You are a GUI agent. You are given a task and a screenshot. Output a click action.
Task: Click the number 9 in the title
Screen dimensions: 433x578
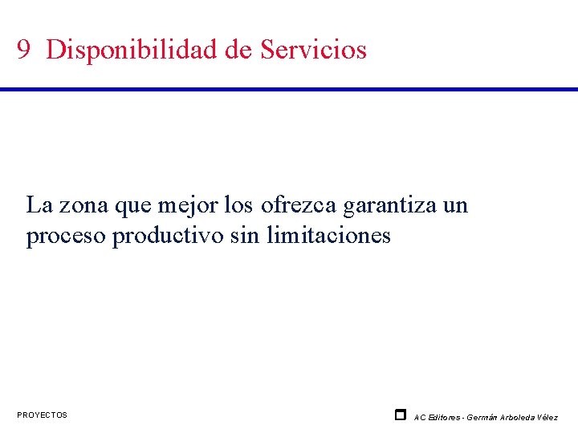click(24, 51)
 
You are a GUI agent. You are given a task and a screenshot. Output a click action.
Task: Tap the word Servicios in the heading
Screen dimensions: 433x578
click(313, 50)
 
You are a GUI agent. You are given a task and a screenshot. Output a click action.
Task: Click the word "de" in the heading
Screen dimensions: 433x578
click(238, 50)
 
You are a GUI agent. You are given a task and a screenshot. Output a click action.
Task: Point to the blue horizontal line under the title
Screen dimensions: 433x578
click(289, 88)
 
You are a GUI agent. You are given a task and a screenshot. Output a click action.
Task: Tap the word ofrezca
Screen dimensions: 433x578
click(299, 205)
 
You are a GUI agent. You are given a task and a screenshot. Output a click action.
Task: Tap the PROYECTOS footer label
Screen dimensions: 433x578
click(42, 415)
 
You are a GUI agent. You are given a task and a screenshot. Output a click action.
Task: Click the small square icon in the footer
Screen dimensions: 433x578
click(400, 415)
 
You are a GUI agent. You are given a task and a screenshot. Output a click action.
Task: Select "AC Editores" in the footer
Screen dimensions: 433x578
click(438, 417)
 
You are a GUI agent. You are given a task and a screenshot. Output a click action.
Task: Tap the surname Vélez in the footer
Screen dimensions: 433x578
click(548, 417)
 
